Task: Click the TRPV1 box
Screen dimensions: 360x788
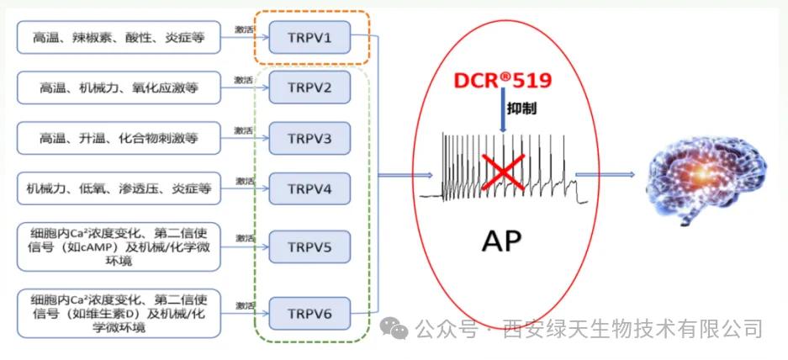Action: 309,38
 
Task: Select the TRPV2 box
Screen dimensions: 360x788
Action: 309,87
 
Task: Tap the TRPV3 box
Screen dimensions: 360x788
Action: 309,137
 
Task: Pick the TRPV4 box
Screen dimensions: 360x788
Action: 309,188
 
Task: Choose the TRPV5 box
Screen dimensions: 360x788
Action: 309,247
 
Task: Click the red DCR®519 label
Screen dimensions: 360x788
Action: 503,82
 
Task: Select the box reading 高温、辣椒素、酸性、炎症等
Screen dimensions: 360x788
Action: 119,38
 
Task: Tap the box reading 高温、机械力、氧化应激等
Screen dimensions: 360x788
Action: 119,87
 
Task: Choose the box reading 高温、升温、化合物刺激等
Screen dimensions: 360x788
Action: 119,137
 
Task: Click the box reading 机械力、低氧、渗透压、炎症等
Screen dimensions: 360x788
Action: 119,188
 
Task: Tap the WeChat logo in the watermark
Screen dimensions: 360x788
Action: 393,326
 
